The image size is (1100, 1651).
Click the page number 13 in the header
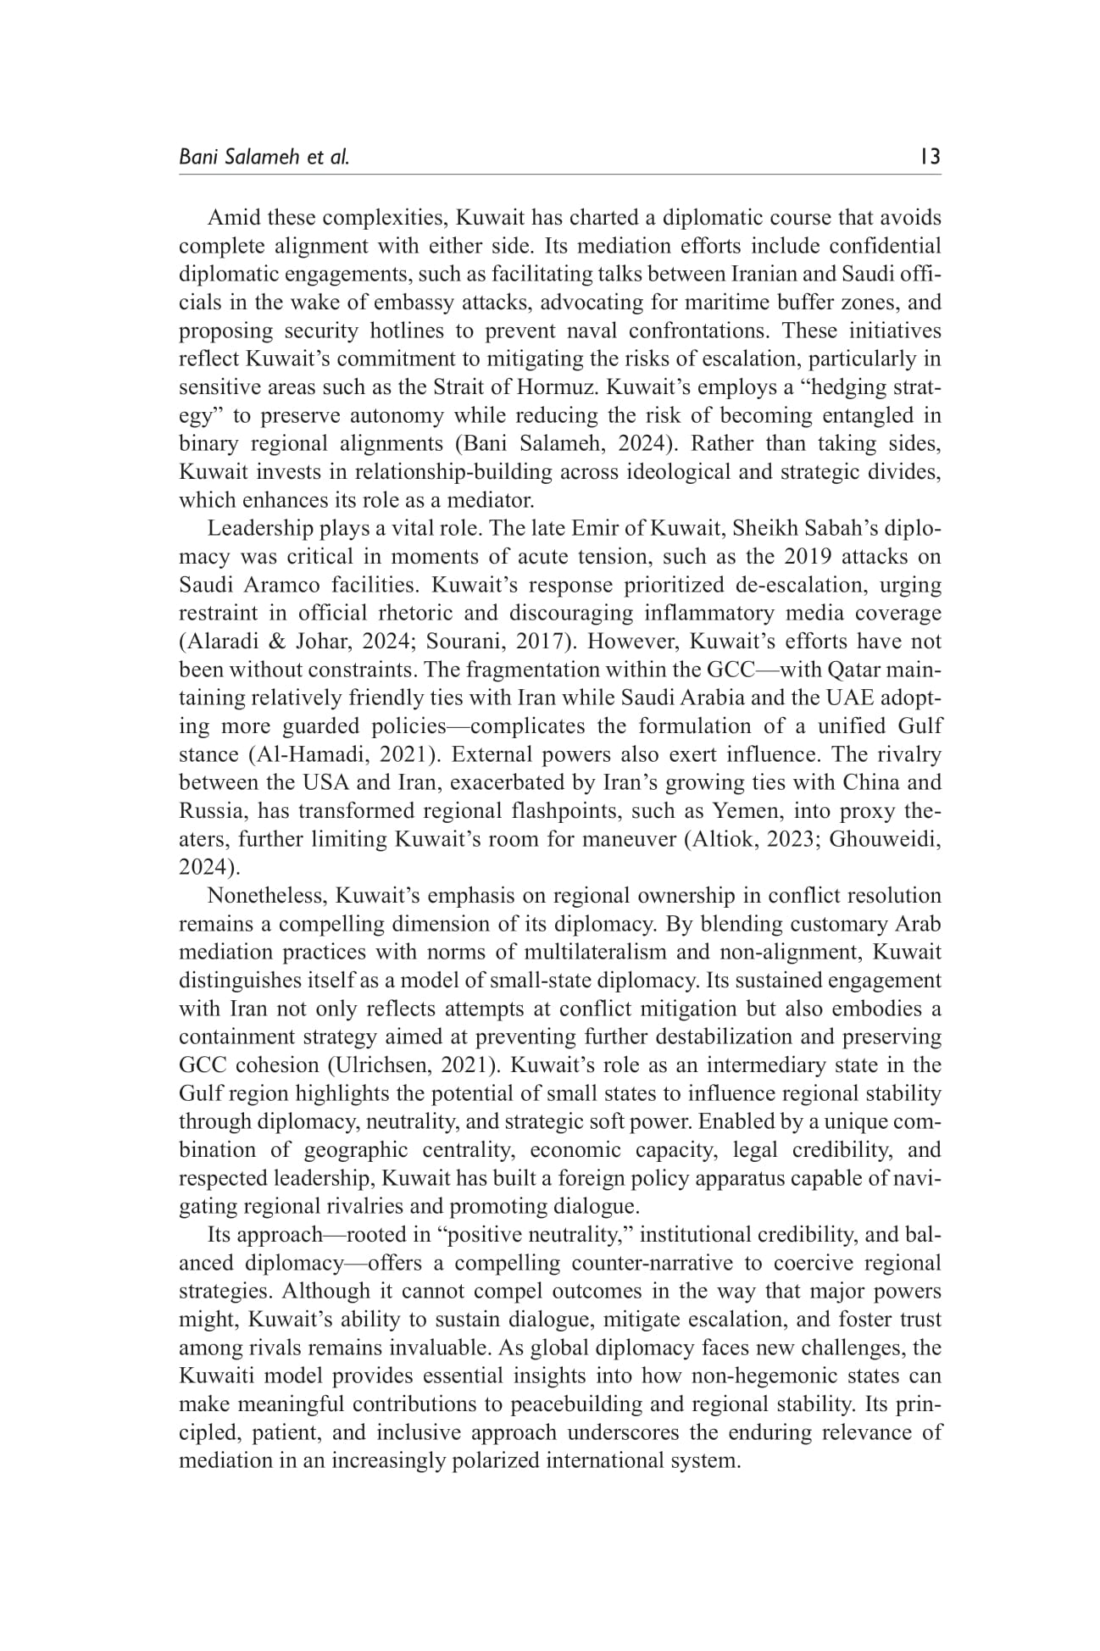930,157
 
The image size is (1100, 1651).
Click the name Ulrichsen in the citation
370,1065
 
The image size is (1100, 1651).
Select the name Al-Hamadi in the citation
298,754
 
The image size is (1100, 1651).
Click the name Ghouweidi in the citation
887,839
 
